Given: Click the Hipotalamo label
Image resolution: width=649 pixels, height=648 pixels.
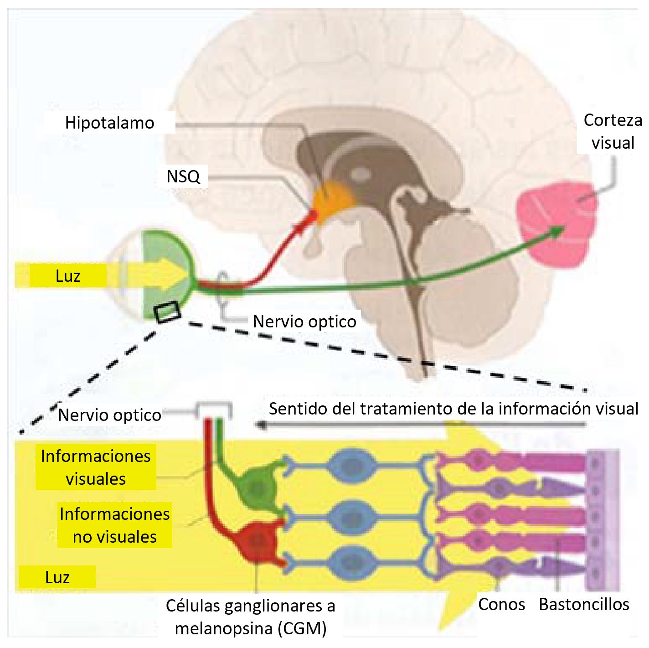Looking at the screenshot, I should click(110, 123).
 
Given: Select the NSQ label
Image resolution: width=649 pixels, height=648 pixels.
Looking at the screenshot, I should click(183, 176).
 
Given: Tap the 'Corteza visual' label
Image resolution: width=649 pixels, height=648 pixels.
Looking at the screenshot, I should click(613, 131).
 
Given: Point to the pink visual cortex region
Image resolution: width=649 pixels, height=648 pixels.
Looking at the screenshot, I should click(557, 223).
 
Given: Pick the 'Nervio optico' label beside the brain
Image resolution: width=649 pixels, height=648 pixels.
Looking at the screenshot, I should click(304, 321).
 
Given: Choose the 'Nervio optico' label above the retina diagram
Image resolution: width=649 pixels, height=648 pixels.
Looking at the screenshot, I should click(110, 415).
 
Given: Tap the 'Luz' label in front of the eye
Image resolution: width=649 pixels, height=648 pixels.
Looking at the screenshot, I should click(68, 276).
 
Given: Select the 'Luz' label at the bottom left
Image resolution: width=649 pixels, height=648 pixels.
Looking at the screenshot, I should click(57, 577).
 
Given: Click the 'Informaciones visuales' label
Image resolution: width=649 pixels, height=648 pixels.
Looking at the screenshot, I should click(96, 467).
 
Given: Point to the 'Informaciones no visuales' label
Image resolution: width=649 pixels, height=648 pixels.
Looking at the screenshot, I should click(115, 525).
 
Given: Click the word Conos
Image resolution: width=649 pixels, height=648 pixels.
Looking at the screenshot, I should click(501, 604).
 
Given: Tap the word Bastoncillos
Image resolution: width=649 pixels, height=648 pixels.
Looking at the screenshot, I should click(584, 604).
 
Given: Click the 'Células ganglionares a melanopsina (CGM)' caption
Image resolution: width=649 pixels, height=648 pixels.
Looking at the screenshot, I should click(251, 617).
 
